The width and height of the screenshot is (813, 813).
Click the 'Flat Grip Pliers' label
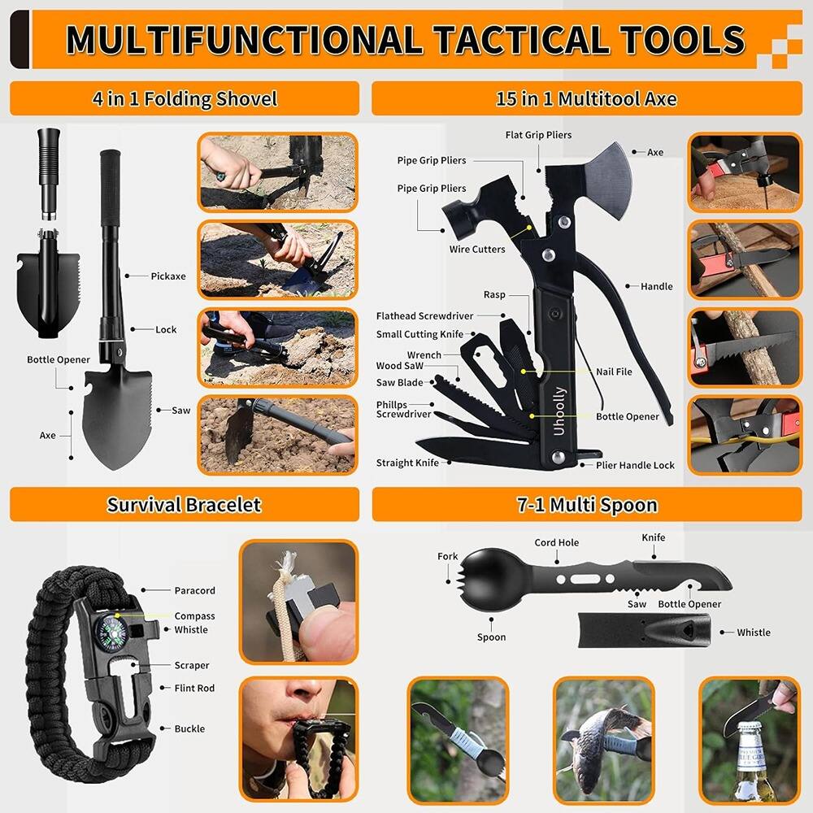pyautogui.click(x=538, y=135)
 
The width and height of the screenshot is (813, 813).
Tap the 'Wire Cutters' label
pyautogui.click(x=477, y=250)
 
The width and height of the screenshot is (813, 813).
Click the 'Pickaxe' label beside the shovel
pyautogui.click(x=168, y=276)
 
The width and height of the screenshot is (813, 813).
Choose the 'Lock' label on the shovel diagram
pyautogui.click(x=166, y=330)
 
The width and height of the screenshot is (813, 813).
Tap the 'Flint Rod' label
pyautogui.click(x=194, y=689)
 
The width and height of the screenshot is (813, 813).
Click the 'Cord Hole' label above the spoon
pyautogui.click(x=557, y=543)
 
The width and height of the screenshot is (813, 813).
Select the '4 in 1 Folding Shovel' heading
pyautogui.click(x=184, y=99)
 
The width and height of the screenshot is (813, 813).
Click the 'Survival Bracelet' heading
pyautogui.click(x=184, y=505)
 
